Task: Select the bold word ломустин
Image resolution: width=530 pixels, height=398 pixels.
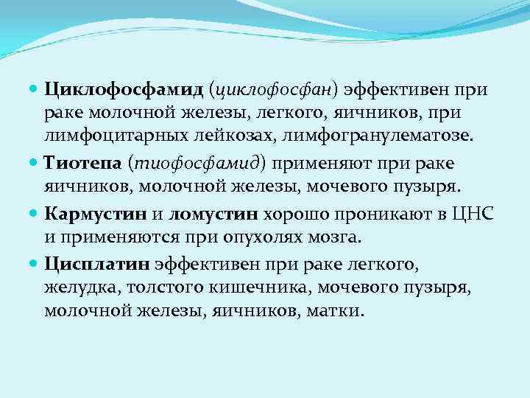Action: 213,214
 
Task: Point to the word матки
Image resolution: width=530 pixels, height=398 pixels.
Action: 337,310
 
